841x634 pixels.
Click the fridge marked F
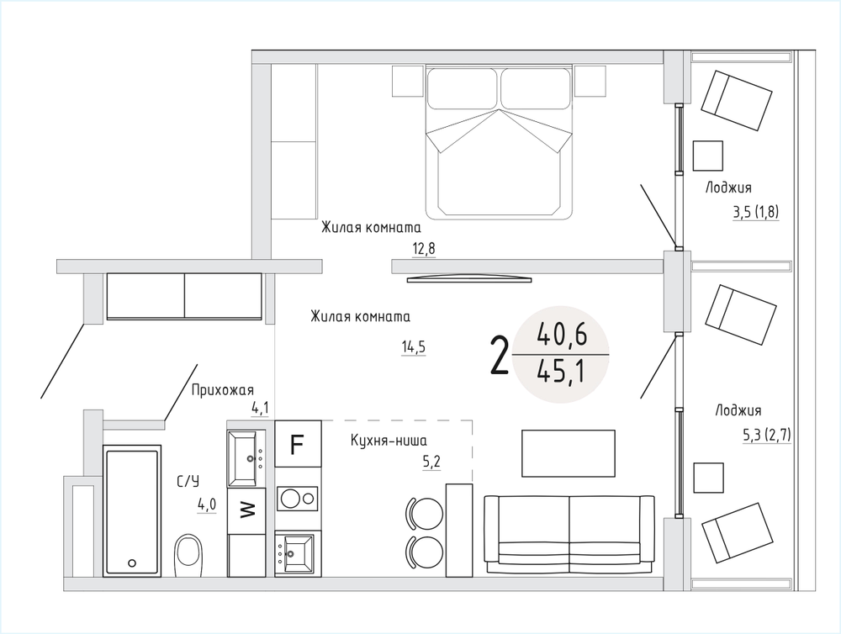coord(298,444)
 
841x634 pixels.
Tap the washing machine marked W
coord(246,510)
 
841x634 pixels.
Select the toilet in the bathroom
coord(188,554)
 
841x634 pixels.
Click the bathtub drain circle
coord(132,563)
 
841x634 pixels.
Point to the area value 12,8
coord(424,249)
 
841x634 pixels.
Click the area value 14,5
coord(414,347)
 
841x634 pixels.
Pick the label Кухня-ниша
coord(389,441)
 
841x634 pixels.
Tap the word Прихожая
coord(223,390)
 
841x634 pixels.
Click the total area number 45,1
coord(561,372)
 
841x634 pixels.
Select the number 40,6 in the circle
coord(562,335)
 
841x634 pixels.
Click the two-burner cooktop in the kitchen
coord(298,499)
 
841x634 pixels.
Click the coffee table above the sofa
coord(569,453)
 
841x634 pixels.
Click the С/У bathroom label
coord(188,482)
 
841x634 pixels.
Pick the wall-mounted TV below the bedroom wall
coord(469,278)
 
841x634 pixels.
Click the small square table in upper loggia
coord(708,156)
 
